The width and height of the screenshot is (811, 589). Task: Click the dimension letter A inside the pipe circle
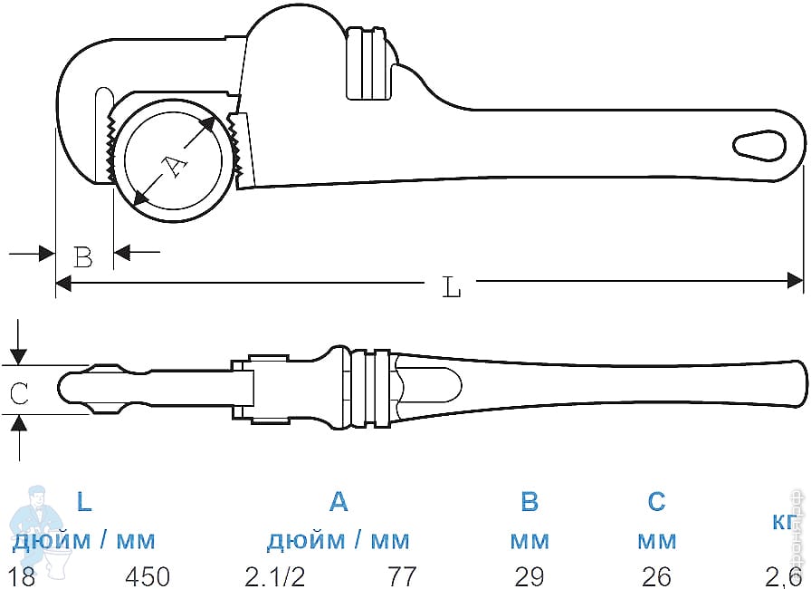[x=173, y=164]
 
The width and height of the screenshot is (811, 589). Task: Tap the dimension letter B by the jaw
[x=83, y=258]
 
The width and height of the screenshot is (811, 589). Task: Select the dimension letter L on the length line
[x=452, y=288]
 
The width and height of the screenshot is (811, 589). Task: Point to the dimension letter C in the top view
[x=20, y=392]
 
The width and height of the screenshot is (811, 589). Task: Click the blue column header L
[x=83, y=501]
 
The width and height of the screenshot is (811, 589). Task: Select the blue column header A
[x=338, y=501]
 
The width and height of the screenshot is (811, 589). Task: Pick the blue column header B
[x=530, y=501]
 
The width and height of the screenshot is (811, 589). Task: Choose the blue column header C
[x=656, y=501]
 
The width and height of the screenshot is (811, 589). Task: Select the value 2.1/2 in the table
[x=272, y=576]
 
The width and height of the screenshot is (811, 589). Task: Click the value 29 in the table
[x=530, y=576]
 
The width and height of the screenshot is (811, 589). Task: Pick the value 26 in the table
[x=656, y=576]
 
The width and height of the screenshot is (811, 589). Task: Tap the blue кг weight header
[x=784, y=523]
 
